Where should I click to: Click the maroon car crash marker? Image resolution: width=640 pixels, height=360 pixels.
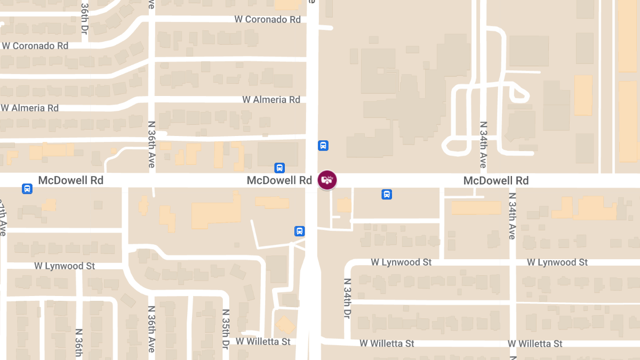[x=327, y=180]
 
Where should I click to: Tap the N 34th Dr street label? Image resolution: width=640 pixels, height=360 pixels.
[x=347, y=299]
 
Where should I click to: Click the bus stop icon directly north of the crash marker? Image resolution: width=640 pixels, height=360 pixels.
[x=323, y=146]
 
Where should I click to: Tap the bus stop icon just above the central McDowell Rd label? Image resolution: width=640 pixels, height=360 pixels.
[x=279, y=168]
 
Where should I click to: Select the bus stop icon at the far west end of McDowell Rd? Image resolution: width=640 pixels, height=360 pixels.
[x=27, y=189]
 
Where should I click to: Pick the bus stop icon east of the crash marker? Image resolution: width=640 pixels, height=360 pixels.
[x=387, y=195]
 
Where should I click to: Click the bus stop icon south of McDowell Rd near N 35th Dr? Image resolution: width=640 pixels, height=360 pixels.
[x=300, y=231]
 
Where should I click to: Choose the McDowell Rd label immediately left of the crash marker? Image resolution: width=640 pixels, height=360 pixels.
[x=279, y=181]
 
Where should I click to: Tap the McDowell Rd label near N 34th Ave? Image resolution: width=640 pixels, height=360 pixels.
[x=495, y=181]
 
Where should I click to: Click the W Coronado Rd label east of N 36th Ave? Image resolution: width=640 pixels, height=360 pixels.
[x=267, y=20]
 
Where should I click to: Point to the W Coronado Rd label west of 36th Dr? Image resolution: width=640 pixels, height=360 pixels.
[x=35, y=46]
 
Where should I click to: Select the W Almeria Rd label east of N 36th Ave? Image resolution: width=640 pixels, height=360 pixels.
[x=271, y=100]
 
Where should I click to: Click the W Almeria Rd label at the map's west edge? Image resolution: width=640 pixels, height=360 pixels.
[x=30, y=108]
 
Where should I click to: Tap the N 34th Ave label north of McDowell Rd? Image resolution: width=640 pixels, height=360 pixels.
[x=483, y=145]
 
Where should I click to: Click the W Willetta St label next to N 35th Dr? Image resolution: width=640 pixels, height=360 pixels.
[x=263, y=341]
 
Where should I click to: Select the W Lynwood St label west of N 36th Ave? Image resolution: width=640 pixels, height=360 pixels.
[x=64, y=266]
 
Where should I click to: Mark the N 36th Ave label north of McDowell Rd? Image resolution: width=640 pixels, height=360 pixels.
[x=151, y=145]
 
